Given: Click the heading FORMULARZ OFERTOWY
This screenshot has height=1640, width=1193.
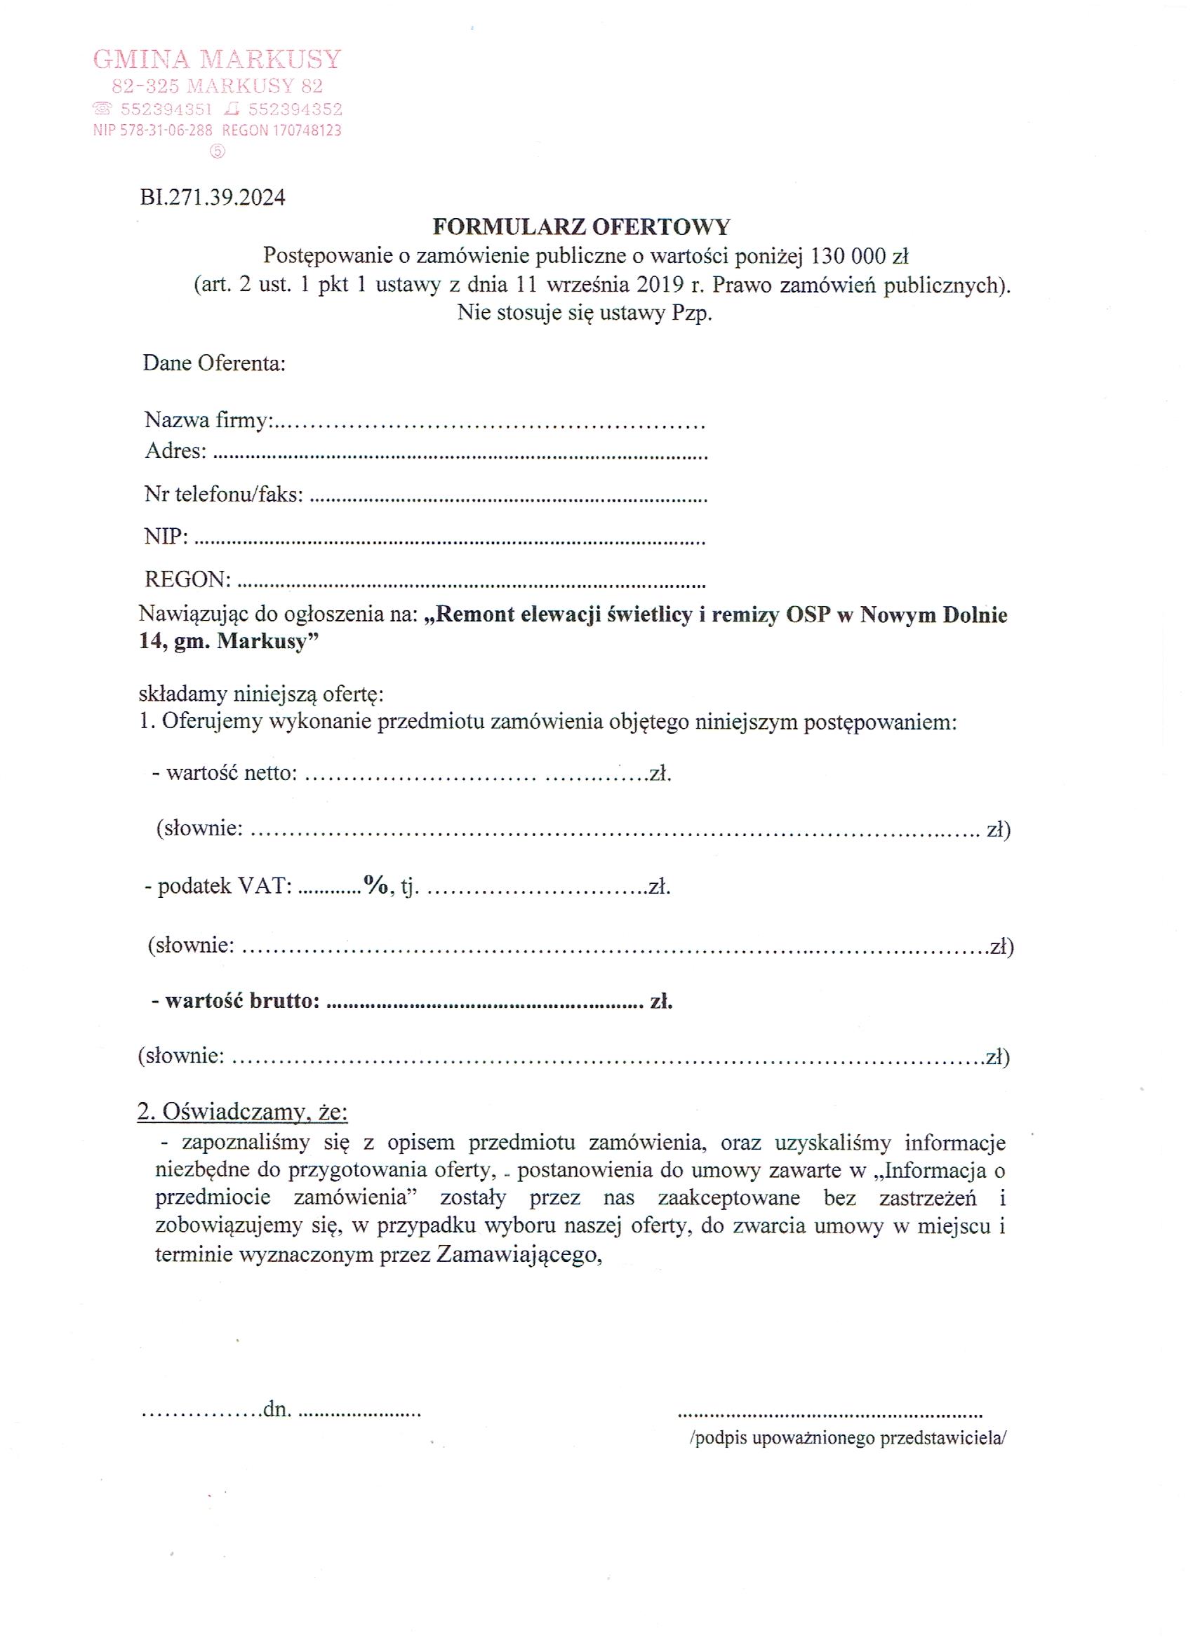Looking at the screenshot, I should click(x=581, y=227).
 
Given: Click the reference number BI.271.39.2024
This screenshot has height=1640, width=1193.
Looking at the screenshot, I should click(x=213, y=197).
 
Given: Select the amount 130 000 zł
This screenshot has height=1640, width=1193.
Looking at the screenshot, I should click(x=860, y=257).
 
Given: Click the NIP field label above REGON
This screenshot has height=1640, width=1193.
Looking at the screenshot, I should click(x=166, y=536).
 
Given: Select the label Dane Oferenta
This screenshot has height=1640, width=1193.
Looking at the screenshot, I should click(x=214, y=363).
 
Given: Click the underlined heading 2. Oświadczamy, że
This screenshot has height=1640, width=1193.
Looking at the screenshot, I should click(x=242, y=1112).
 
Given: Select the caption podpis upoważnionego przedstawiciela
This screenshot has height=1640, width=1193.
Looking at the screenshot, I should click(x=848, y=1438).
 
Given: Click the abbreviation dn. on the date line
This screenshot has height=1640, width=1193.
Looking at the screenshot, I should click(x=277, y=1409).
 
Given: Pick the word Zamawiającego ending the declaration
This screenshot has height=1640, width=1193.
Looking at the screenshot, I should click(x=518, y=1256).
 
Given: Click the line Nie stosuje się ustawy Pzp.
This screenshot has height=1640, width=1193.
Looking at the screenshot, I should click(x=585, y=314).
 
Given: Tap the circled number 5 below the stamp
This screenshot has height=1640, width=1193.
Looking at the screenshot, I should click(x=217, y=151).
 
